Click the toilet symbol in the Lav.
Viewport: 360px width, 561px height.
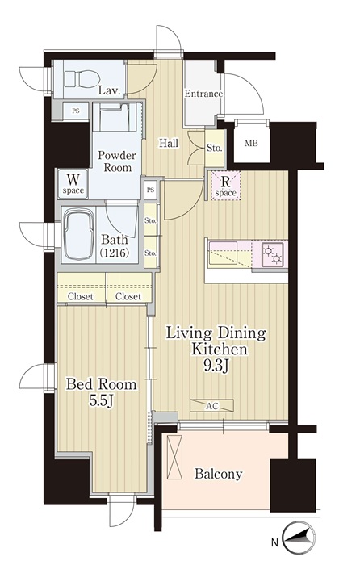[82, 77]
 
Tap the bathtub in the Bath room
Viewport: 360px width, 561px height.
[79, 235]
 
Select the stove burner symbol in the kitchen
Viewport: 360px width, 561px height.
[273, 254]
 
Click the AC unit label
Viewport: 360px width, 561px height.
[211, 406]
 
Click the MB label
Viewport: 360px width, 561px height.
[251, 144]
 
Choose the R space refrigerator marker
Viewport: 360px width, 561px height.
[225, 186]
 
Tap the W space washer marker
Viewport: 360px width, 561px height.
[73, 182]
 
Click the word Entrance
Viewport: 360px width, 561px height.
[203, 94]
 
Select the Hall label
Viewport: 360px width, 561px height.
[169, 144]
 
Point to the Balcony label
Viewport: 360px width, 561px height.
[218, 475]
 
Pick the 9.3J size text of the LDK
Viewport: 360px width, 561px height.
[216, 366]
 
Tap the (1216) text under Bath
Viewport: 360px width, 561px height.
[114, 253]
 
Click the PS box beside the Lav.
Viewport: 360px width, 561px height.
[76, 111]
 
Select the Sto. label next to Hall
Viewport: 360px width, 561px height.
[215, 149]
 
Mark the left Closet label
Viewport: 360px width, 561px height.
[81, 296]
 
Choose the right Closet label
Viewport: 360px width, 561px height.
[128, 296]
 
